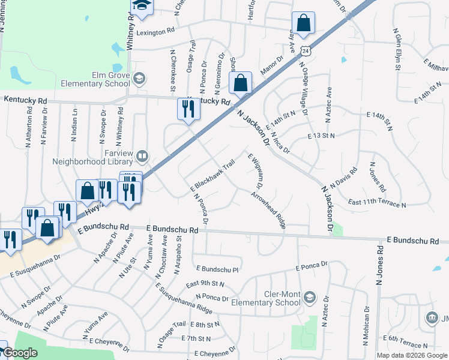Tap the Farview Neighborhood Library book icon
pos(142,157)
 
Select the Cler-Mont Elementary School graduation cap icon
pos(309,297)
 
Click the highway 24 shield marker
pos(306,52)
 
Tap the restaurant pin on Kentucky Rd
pos(188,109)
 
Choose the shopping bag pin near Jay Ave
pos(304,23)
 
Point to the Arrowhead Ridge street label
pos(268,211)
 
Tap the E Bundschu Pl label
pos(217,269)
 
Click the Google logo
pos(20,353)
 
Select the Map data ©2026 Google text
pos(412,355)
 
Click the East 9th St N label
pos(205,283)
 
